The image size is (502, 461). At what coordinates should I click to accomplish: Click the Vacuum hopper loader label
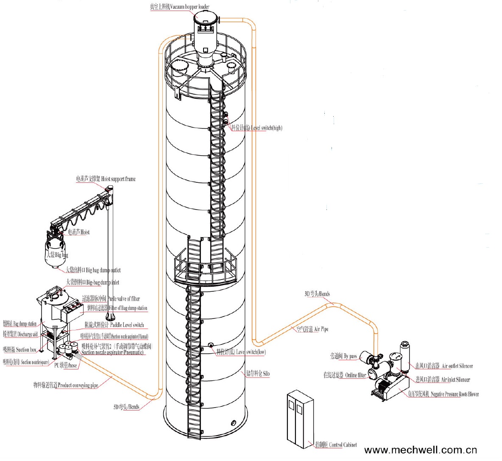(x=179, y=7)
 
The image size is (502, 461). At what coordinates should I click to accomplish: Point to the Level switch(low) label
(x=241, y=352)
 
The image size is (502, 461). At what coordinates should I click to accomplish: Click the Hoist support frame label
(x=106, y=179)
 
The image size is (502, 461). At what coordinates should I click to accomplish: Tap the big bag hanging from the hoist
(x=56, y=254)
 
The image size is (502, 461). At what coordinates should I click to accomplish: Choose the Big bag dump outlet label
(x=93, y=270)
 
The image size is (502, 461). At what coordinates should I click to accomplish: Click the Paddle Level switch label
(x=114, y=325)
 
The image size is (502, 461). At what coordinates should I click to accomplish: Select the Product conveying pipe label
(x=66, y=385)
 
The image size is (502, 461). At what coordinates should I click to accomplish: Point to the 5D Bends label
(x=126, y=407)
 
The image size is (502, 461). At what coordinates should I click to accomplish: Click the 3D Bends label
(x=317, y=294)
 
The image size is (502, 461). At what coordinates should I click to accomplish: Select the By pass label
(x=343, y=356)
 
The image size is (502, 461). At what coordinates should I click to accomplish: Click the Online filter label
(x=345, y=375)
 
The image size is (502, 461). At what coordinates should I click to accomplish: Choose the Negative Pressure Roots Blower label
(x=443, y=394)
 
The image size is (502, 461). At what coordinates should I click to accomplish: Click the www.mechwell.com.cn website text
(x=420, y=450)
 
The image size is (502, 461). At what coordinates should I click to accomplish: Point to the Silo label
(x=257, y=374)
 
